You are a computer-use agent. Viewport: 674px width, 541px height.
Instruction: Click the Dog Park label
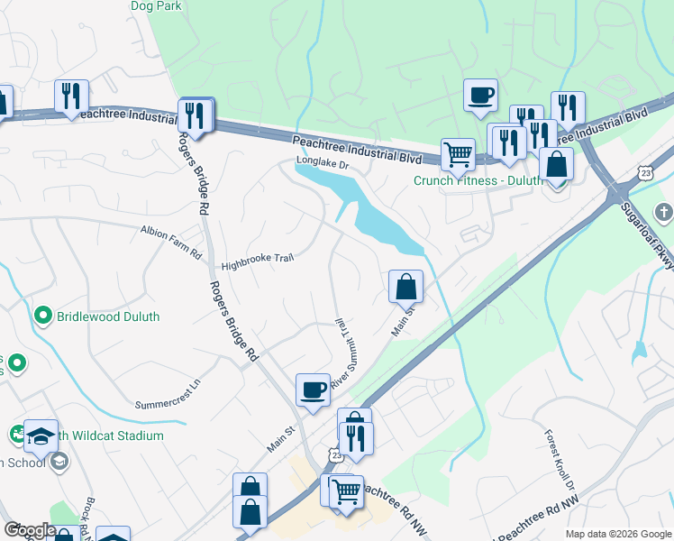tap(156, 6)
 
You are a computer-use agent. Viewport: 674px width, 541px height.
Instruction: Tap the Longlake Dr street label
tap(322, 165)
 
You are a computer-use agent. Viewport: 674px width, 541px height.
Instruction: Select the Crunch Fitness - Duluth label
tap(478, 180)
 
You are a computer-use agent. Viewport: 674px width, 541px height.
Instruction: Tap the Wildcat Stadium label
tap(113, 436)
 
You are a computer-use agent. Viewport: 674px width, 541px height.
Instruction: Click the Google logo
tap(29, 530)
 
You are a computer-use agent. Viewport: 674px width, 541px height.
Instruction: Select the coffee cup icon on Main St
tap(313, 390)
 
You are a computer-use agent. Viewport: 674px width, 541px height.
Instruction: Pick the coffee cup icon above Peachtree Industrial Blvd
tap(480, 94)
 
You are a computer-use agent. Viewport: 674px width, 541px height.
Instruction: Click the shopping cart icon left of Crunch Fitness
tap(458, 154)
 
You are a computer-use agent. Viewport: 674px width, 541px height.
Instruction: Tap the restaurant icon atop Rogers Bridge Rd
tap(195, 115)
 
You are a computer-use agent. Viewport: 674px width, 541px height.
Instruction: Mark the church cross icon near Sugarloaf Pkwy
tap(664, 214)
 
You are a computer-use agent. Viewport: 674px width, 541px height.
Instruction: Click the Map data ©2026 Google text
tap(617, 534)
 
